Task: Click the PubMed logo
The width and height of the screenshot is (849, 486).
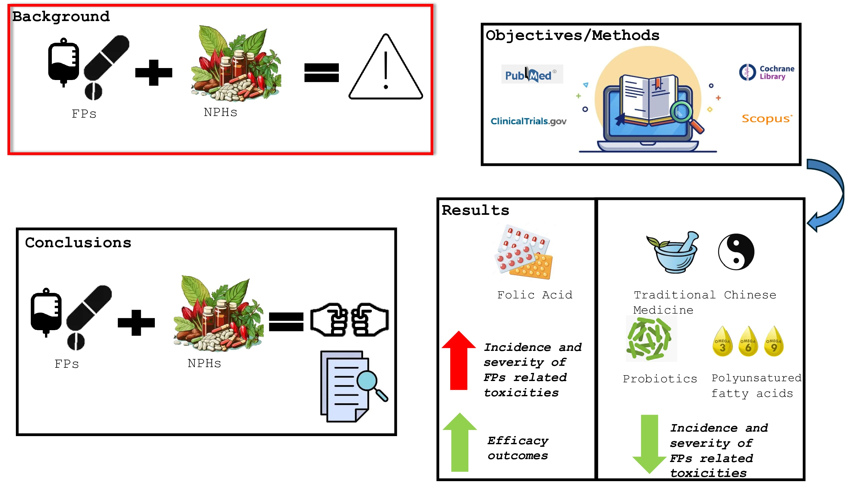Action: click(532, 75)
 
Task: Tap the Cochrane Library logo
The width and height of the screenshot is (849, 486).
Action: click(767, 73)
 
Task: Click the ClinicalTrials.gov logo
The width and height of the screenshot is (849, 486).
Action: click(528, 121)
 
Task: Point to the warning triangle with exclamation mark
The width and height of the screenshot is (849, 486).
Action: click(386, 70)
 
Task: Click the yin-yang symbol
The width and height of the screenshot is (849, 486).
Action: click(736, 252)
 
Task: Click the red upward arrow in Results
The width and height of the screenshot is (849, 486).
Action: click(459, 361)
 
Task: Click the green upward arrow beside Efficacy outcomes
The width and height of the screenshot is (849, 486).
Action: click(460, 442)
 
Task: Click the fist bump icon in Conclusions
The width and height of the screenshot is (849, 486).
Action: click(350, 320)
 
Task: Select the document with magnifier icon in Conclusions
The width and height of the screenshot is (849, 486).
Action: click(352, 387)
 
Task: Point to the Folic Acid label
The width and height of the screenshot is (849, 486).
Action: click(534, 295)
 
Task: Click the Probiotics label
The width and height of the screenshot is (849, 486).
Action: click(660, 379)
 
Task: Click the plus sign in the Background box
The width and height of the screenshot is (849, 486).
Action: click(154, 73)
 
